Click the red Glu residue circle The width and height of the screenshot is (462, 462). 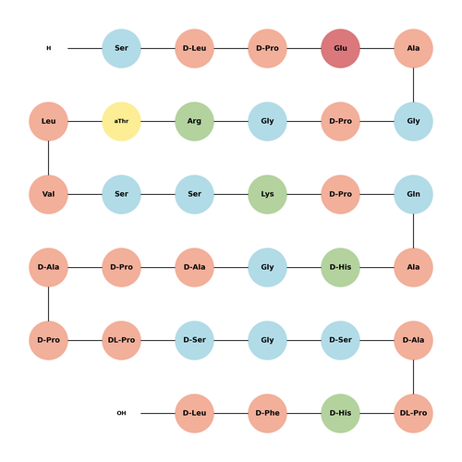coord(340,48)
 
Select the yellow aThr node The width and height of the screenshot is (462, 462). coord(121,121)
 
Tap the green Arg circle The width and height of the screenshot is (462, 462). coord(194,121)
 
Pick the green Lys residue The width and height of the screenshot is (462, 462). coord(267,194)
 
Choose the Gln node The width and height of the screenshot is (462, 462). coord(413,194)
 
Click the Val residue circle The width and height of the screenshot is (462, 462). coord(48,194)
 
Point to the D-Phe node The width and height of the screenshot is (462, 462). coord(267,413)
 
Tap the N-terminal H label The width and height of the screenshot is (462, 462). coord(49,48)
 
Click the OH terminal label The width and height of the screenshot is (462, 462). coord(121,413)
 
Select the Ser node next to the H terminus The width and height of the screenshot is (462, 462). coord(121,48)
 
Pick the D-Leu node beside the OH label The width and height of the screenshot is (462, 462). coord(194,413)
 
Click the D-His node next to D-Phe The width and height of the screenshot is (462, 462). coord(340,413)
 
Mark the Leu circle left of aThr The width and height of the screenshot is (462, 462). coord(48,121)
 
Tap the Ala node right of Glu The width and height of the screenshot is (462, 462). coord(413,48)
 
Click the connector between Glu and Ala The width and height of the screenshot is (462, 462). coord(377,48)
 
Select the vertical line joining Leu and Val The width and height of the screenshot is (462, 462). coord(48,158)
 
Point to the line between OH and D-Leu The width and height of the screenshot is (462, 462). coord(158,413)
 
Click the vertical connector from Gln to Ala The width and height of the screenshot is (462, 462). coord(413,231)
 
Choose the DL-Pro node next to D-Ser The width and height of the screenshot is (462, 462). coord(121,340)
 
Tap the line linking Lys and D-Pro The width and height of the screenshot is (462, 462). coord(304,194)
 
